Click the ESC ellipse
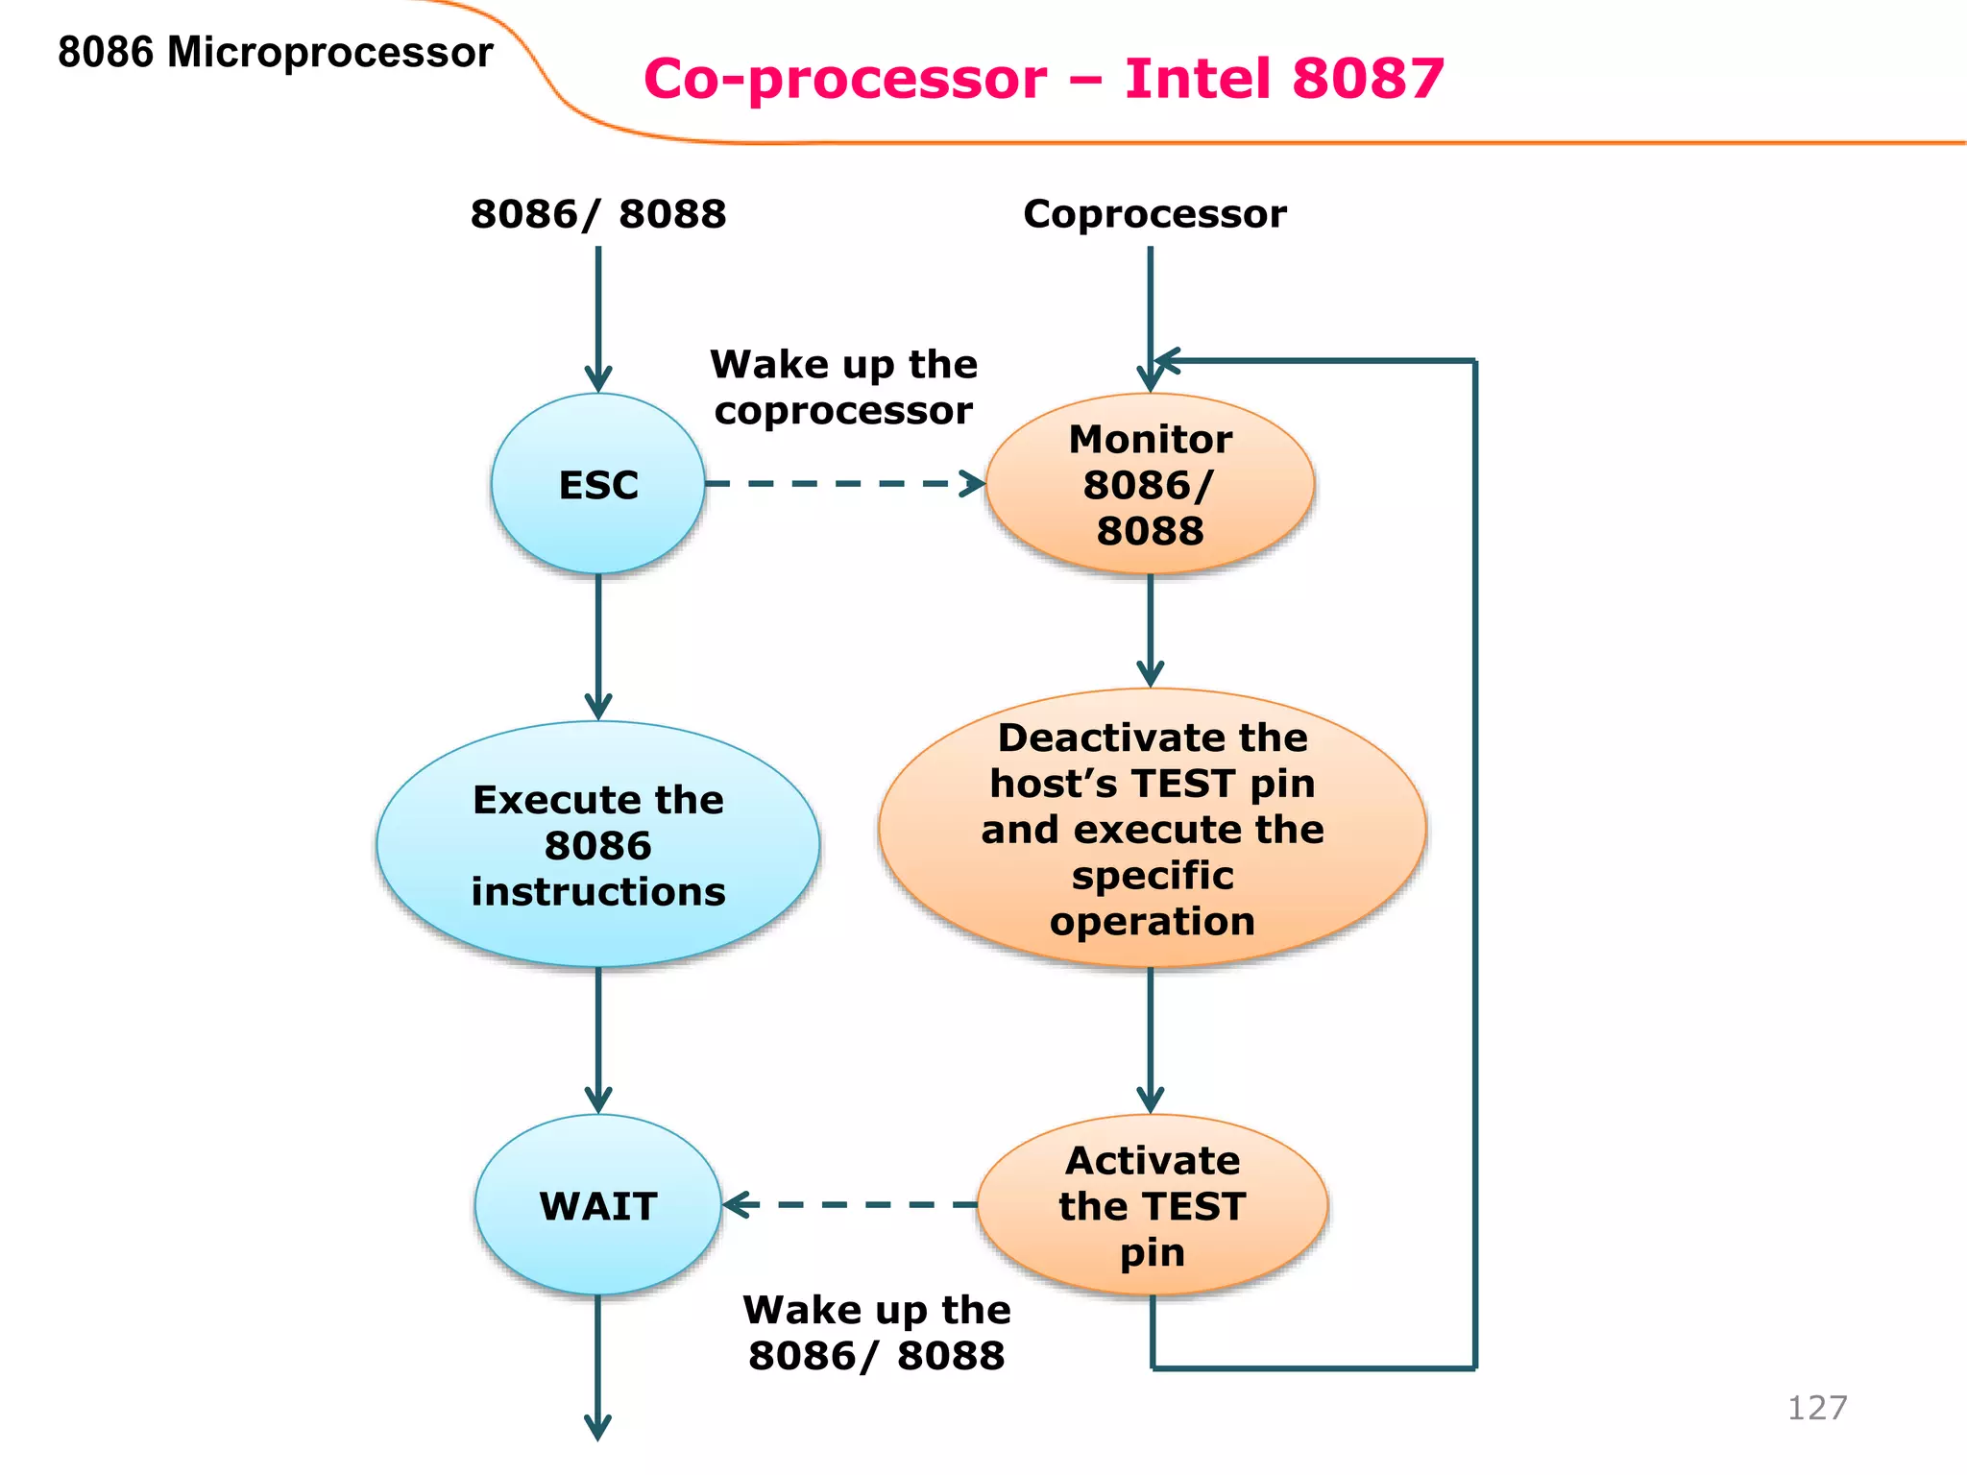(x=597, y=484)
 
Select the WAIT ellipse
(x=597, y=1205)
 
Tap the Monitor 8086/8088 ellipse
(x=1150, y=484)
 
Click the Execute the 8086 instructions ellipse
(x=597, y=845)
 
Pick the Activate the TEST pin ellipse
(x=1152, y=1205)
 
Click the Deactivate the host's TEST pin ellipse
(x=1152, y=828)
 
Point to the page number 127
(x=1816, y=1408)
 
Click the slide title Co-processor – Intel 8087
(x=1043, y=78)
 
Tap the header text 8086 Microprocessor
(x=275, y=52)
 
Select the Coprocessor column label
(x=1153, y=213)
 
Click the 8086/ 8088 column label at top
(x=597, y=213)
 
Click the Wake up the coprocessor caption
(x=843, y=387)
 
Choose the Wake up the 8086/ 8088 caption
(x=876, y=1333)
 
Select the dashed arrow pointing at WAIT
(x=850, y=1204)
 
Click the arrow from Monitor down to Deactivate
(x=1150, y=629)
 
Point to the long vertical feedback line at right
(x=1474, y=864)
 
